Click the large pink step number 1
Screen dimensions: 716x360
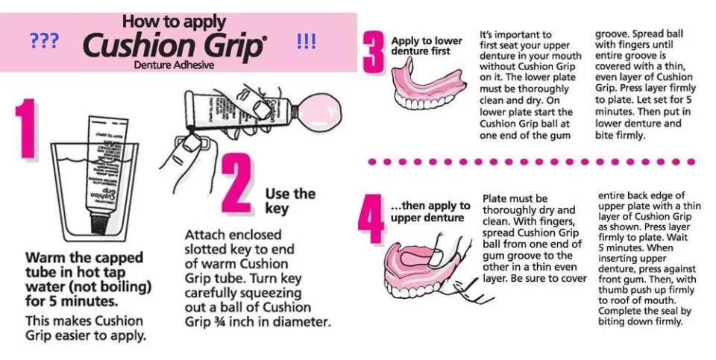click(27, 129)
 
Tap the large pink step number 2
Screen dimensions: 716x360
click(237, 183)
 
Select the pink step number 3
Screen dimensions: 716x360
click(374, 51)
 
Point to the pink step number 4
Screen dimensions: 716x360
click(371, 218)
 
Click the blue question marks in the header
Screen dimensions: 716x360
click(44, 41)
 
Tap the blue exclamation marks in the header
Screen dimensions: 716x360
click(306, 41)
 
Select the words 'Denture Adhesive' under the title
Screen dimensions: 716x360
click(174, 65)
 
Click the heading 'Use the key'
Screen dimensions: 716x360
click(290, 200)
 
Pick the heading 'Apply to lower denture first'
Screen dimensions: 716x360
click(427, 45)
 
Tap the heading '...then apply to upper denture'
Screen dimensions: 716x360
click(430, 212)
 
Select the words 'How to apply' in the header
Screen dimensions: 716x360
click(174, 22)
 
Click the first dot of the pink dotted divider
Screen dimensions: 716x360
click(373, 162)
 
